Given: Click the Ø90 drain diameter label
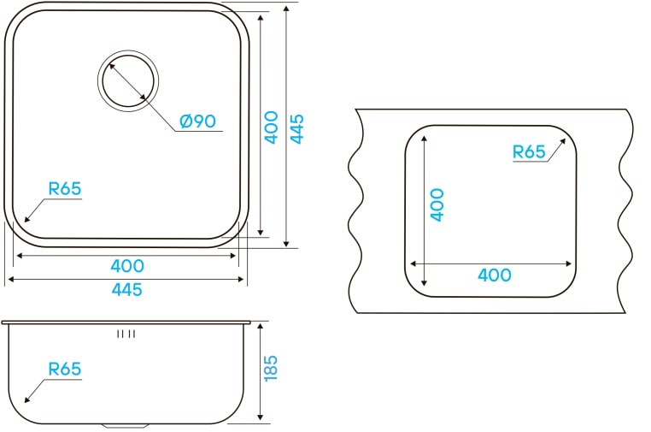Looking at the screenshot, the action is (197, 121).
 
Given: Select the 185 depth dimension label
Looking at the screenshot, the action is (270, 368).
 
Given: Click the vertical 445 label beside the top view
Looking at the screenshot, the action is (296, 129).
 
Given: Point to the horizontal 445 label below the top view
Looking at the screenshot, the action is (127, 290).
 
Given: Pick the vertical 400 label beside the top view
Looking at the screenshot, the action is (271, 127).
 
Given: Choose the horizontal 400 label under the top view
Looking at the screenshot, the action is (127, 266).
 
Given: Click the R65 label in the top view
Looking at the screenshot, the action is (65, 189).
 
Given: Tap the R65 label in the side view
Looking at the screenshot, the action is (65, 369).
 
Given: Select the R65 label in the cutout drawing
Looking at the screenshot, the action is (529, 151).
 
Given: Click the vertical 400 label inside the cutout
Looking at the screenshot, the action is (437, 204).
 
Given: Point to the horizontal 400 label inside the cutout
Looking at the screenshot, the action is (495, 275).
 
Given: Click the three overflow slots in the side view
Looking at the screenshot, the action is (126, 334).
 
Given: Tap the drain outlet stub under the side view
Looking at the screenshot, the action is (125, 426).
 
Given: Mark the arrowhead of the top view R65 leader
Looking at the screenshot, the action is (27, 219).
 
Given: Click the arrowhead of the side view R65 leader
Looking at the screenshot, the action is (27, 399).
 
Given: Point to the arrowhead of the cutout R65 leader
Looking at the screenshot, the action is (562, 141).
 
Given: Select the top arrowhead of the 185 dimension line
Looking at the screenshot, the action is (261, 327).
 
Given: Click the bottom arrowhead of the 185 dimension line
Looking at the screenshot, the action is (261, 417).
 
